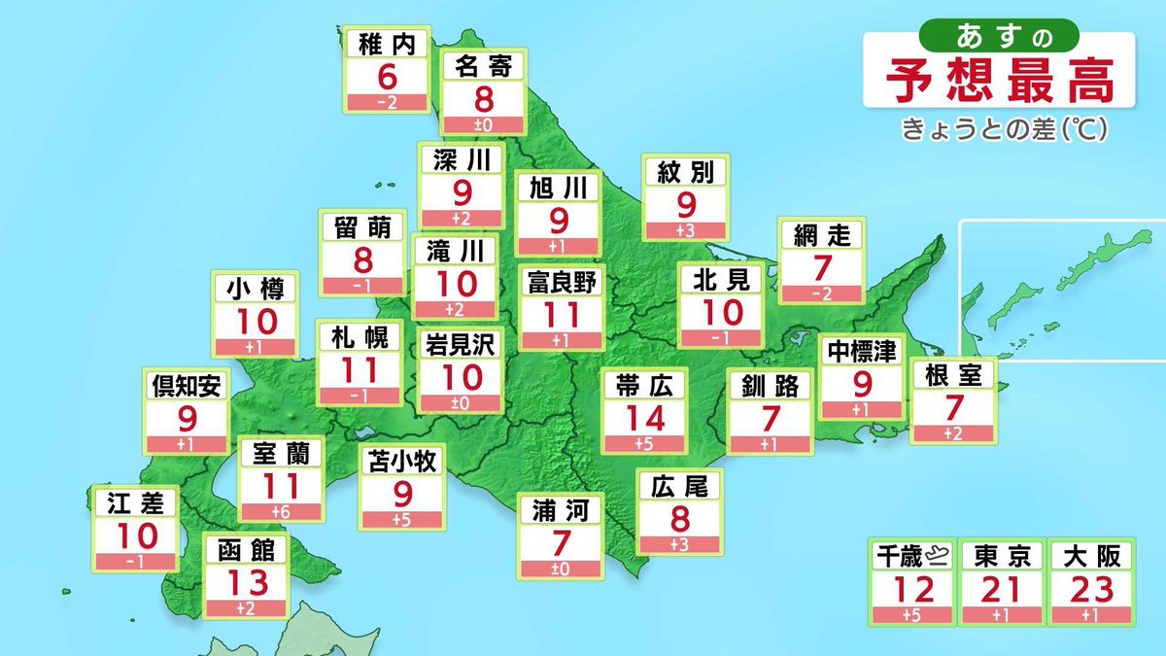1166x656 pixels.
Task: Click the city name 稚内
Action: [x=388, y=45]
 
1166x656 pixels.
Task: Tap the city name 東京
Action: [x=1002, y=556]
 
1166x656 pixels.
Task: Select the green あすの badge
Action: [x=1003, y=35]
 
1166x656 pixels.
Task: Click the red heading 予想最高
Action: [x=1001, y=83]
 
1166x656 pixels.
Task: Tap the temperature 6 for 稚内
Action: [x=388, y=77]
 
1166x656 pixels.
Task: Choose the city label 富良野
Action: [x=561, y=283]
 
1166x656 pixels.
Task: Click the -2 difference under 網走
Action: [x=821, y=293]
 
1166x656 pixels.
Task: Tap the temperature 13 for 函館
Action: [x=246, y=584]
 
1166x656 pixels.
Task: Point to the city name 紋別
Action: [x=685, y=173]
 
